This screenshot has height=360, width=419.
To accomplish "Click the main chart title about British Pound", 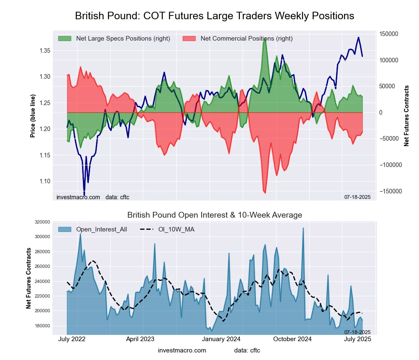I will tap(215, 16).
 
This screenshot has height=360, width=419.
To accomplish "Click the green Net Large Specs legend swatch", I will tap(65, 39).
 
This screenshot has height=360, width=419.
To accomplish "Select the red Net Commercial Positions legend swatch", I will tap(189, 39).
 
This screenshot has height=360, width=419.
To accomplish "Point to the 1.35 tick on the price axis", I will tap(44, 51).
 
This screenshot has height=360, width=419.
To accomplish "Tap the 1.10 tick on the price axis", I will tap(44, 181).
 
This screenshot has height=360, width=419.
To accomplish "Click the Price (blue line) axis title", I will tap(33, 116).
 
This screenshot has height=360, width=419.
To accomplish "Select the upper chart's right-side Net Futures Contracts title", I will tap(406, 116).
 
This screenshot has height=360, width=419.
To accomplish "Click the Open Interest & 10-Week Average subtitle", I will tap(215, 215).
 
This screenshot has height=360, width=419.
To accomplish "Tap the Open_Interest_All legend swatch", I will tap(65, 229).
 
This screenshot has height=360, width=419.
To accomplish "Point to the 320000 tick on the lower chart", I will tap(42, 222).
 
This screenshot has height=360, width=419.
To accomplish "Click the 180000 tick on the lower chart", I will tap(42, 326).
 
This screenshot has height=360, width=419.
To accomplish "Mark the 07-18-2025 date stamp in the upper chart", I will tap(357, 197).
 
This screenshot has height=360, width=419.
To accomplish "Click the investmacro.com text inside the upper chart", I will tap(78, 197).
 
